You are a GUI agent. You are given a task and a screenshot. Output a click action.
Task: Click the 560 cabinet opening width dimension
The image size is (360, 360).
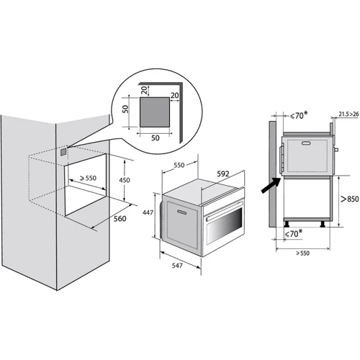point(120,219)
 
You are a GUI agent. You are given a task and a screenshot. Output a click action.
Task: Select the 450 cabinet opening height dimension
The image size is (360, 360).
point(125,180)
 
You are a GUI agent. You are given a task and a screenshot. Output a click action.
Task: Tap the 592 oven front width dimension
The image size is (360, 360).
point(223,174)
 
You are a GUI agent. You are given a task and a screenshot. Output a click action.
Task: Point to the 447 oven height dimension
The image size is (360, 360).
point(148,212)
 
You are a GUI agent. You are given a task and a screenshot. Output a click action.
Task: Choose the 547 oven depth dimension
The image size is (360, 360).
point(177,266)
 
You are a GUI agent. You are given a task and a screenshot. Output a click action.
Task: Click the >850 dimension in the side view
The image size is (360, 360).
point(350,199)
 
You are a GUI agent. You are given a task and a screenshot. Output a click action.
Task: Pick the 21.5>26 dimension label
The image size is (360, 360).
point(348,114)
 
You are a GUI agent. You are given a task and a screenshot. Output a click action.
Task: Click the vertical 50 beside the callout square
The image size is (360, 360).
point(125,109)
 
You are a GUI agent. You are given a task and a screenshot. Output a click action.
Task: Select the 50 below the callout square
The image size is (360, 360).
point(156,138)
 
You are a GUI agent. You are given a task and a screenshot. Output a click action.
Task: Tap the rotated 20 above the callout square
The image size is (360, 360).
point(144,90)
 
